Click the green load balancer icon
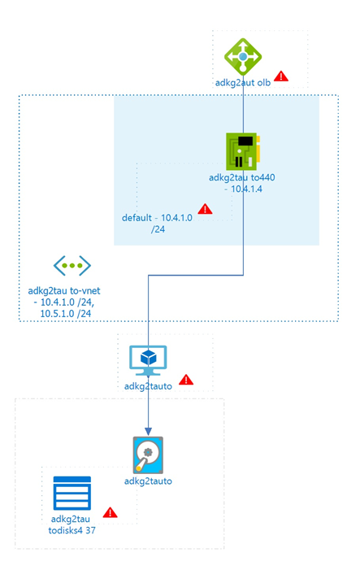click(243, 57)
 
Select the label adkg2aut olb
click(243, 83)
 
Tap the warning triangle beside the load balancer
click(281, 76)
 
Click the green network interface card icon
click(243, 151)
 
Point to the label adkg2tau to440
click(242, 178)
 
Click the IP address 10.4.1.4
click(243, 189)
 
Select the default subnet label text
click(158, 223)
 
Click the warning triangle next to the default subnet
click(206, 209)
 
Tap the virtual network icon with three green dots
click(72, 266)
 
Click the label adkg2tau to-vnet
click(64, 291)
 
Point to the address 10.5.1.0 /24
click(66, 313)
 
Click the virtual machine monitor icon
click(148, 360)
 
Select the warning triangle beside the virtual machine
click(186, 380)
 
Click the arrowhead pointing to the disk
click(148, 431)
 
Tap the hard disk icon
click(148, 455)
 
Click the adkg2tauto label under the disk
click(148, 481)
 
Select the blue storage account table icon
click(72, 494)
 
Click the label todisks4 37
click(72, 530)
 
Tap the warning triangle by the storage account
click(110, 512)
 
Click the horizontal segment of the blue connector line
click(196, 275)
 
